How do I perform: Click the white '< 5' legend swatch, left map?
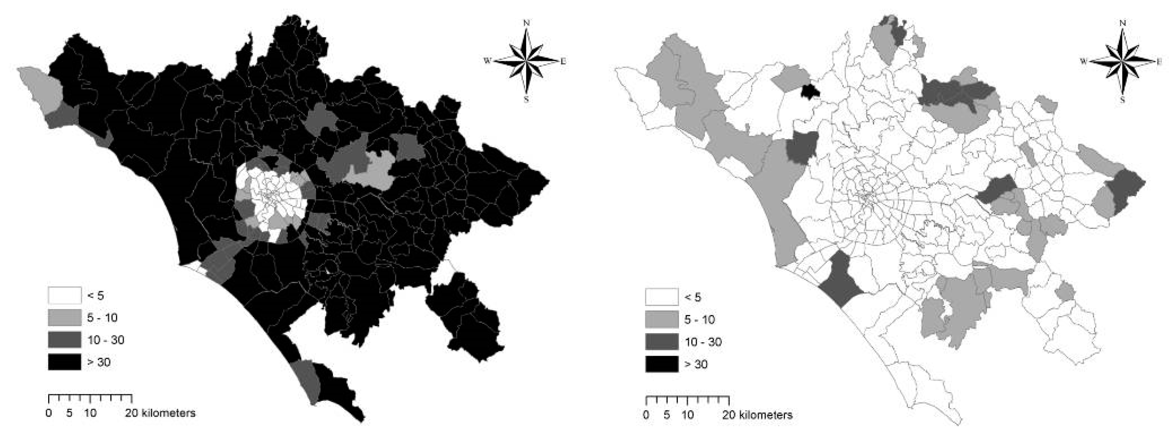pyautogui.click(x=64, y=296)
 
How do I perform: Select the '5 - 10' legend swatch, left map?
pyautogui.click(x=64, y=317)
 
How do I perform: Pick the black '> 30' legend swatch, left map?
pyautogui.click(x=64, y=362)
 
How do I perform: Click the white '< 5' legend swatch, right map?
pyautogui.click(x=661, y=297)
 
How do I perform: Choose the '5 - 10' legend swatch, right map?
pyautogui.click(x=661, y=320)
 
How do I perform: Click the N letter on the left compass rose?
pyautogui.click(x=527, y=23)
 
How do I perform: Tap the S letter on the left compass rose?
pyautogui.click(x=526, y=99)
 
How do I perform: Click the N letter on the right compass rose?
pyautogui.click(x=1123, y=23)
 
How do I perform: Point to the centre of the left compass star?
pyautogui.click(x=527, y=61)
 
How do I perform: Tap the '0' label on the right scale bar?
pyautogui.click(x=646, y=415)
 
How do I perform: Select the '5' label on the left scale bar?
pyautogui.click(x=69, y=413)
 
